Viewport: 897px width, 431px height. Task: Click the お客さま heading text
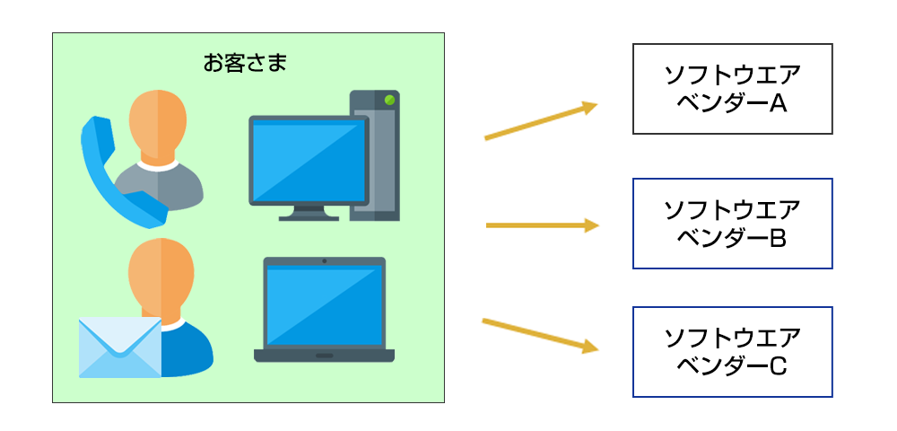click(x=245, y=63)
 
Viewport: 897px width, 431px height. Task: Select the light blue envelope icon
click(x=120, y=347)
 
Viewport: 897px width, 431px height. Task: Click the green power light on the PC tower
click(x=389, y=100)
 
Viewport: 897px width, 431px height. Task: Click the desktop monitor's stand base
click(x=309, y=216)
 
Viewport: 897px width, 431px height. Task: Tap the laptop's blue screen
click(x=325, y=305)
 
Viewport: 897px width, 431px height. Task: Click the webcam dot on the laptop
click(x=325, y=261)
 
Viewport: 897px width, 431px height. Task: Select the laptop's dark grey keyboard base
click(x=325, y=356)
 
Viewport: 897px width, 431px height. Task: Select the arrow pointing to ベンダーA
click(x=541, y=121)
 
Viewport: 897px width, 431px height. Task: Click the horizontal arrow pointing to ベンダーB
click(x=543, y=225)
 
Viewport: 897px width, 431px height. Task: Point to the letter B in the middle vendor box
click(x=777, y=239)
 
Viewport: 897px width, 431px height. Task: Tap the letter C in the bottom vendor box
click(x=777, y=367)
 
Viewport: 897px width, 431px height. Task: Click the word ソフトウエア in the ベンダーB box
click(x=732, y=211)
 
